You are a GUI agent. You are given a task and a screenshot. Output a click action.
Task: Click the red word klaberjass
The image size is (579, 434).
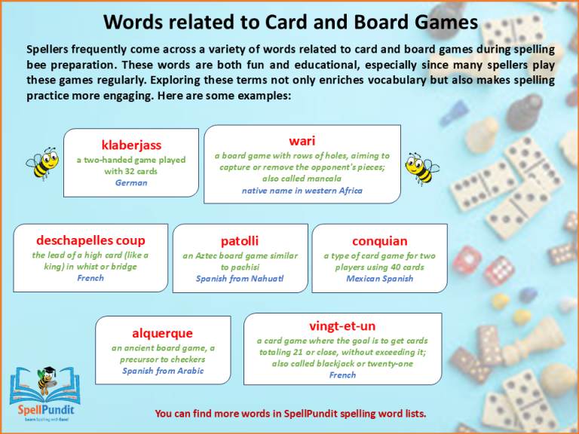131,144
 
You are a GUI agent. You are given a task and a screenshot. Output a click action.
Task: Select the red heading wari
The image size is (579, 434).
302,141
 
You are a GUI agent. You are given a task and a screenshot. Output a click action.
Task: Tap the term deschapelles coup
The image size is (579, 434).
90,240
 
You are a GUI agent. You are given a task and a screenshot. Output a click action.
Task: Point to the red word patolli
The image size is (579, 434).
240,241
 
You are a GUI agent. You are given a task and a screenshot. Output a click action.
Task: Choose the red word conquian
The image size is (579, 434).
379,241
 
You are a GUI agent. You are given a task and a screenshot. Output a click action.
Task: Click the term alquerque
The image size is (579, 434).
163,333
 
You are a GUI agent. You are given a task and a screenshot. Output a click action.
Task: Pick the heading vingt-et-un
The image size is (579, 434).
342,325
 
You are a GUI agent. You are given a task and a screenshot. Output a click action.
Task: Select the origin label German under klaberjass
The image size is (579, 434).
131,183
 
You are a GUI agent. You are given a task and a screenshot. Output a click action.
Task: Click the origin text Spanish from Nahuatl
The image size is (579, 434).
240,279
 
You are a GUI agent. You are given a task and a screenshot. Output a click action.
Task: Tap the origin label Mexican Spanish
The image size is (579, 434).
379,279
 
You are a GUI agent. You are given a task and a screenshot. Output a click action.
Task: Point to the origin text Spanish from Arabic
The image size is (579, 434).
163,371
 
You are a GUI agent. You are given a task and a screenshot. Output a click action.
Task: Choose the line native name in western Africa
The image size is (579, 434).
302,191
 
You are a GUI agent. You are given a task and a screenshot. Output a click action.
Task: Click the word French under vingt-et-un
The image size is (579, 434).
342,375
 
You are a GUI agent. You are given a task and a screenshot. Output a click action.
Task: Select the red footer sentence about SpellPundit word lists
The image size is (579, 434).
290,413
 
